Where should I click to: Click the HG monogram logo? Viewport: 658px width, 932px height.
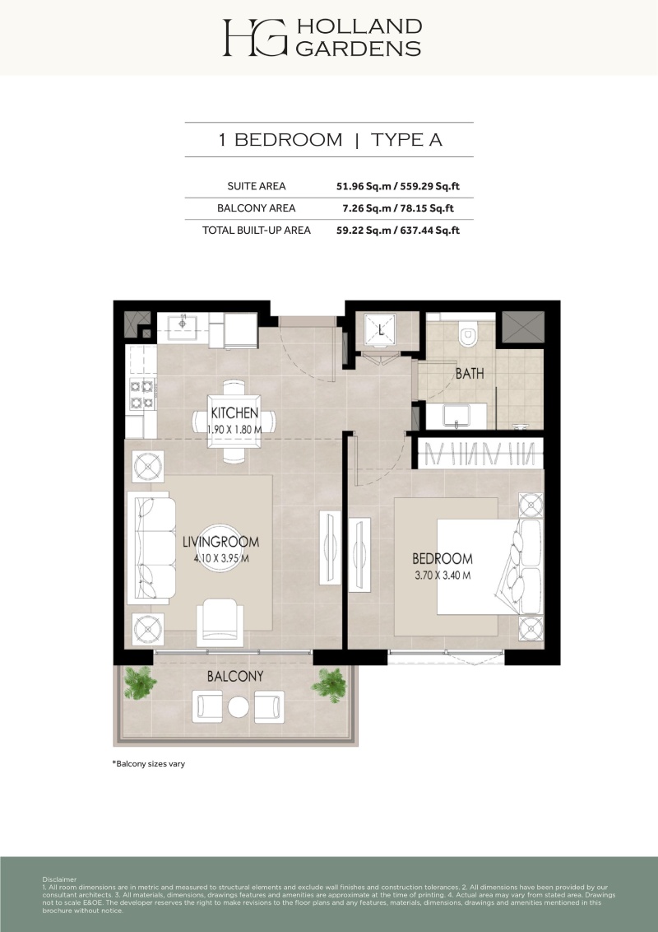click(x=255, y=37)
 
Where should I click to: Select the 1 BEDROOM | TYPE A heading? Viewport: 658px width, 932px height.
click(x=330, y=140)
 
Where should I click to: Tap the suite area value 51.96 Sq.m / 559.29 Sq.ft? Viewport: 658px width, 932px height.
click(x=398, y=186)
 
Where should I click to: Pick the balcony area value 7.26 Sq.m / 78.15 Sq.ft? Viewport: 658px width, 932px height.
click(x=398, y=208)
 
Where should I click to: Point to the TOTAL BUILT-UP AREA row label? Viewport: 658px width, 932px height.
click(x=257, y=230)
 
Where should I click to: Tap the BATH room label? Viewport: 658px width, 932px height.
click(x=470, y=373)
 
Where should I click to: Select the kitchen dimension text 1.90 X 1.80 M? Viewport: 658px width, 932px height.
click(x=234, y=429)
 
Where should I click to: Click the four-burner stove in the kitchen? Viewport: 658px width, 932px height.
click(x=142, y=394)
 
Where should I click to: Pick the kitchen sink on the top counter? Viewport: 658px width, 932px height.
click(x=182, y=326)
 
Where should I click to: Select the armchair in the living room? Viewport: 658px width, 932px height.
click(x=220, y=622)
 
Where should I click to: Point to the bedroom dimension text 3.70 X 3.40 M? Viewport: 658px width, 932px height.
click(x=443, y=576)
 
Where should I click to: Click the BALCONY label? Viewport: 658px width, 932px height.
click(x=235, y=677)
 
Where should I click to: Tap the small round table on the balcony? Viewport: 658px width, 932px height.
click(x=239, y=706)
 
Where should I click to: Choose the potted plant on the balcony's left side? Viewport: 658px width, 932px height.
click(x=140, y=683)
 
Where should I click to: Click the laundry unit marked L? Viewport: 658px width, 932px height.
click(x=381, y=331)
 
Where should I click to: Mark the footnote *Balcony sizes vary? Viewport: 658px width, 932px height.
click(x=149, y=764)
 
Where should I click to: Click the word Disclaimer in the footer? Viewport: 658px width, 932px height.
click(x=59, y=879)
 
